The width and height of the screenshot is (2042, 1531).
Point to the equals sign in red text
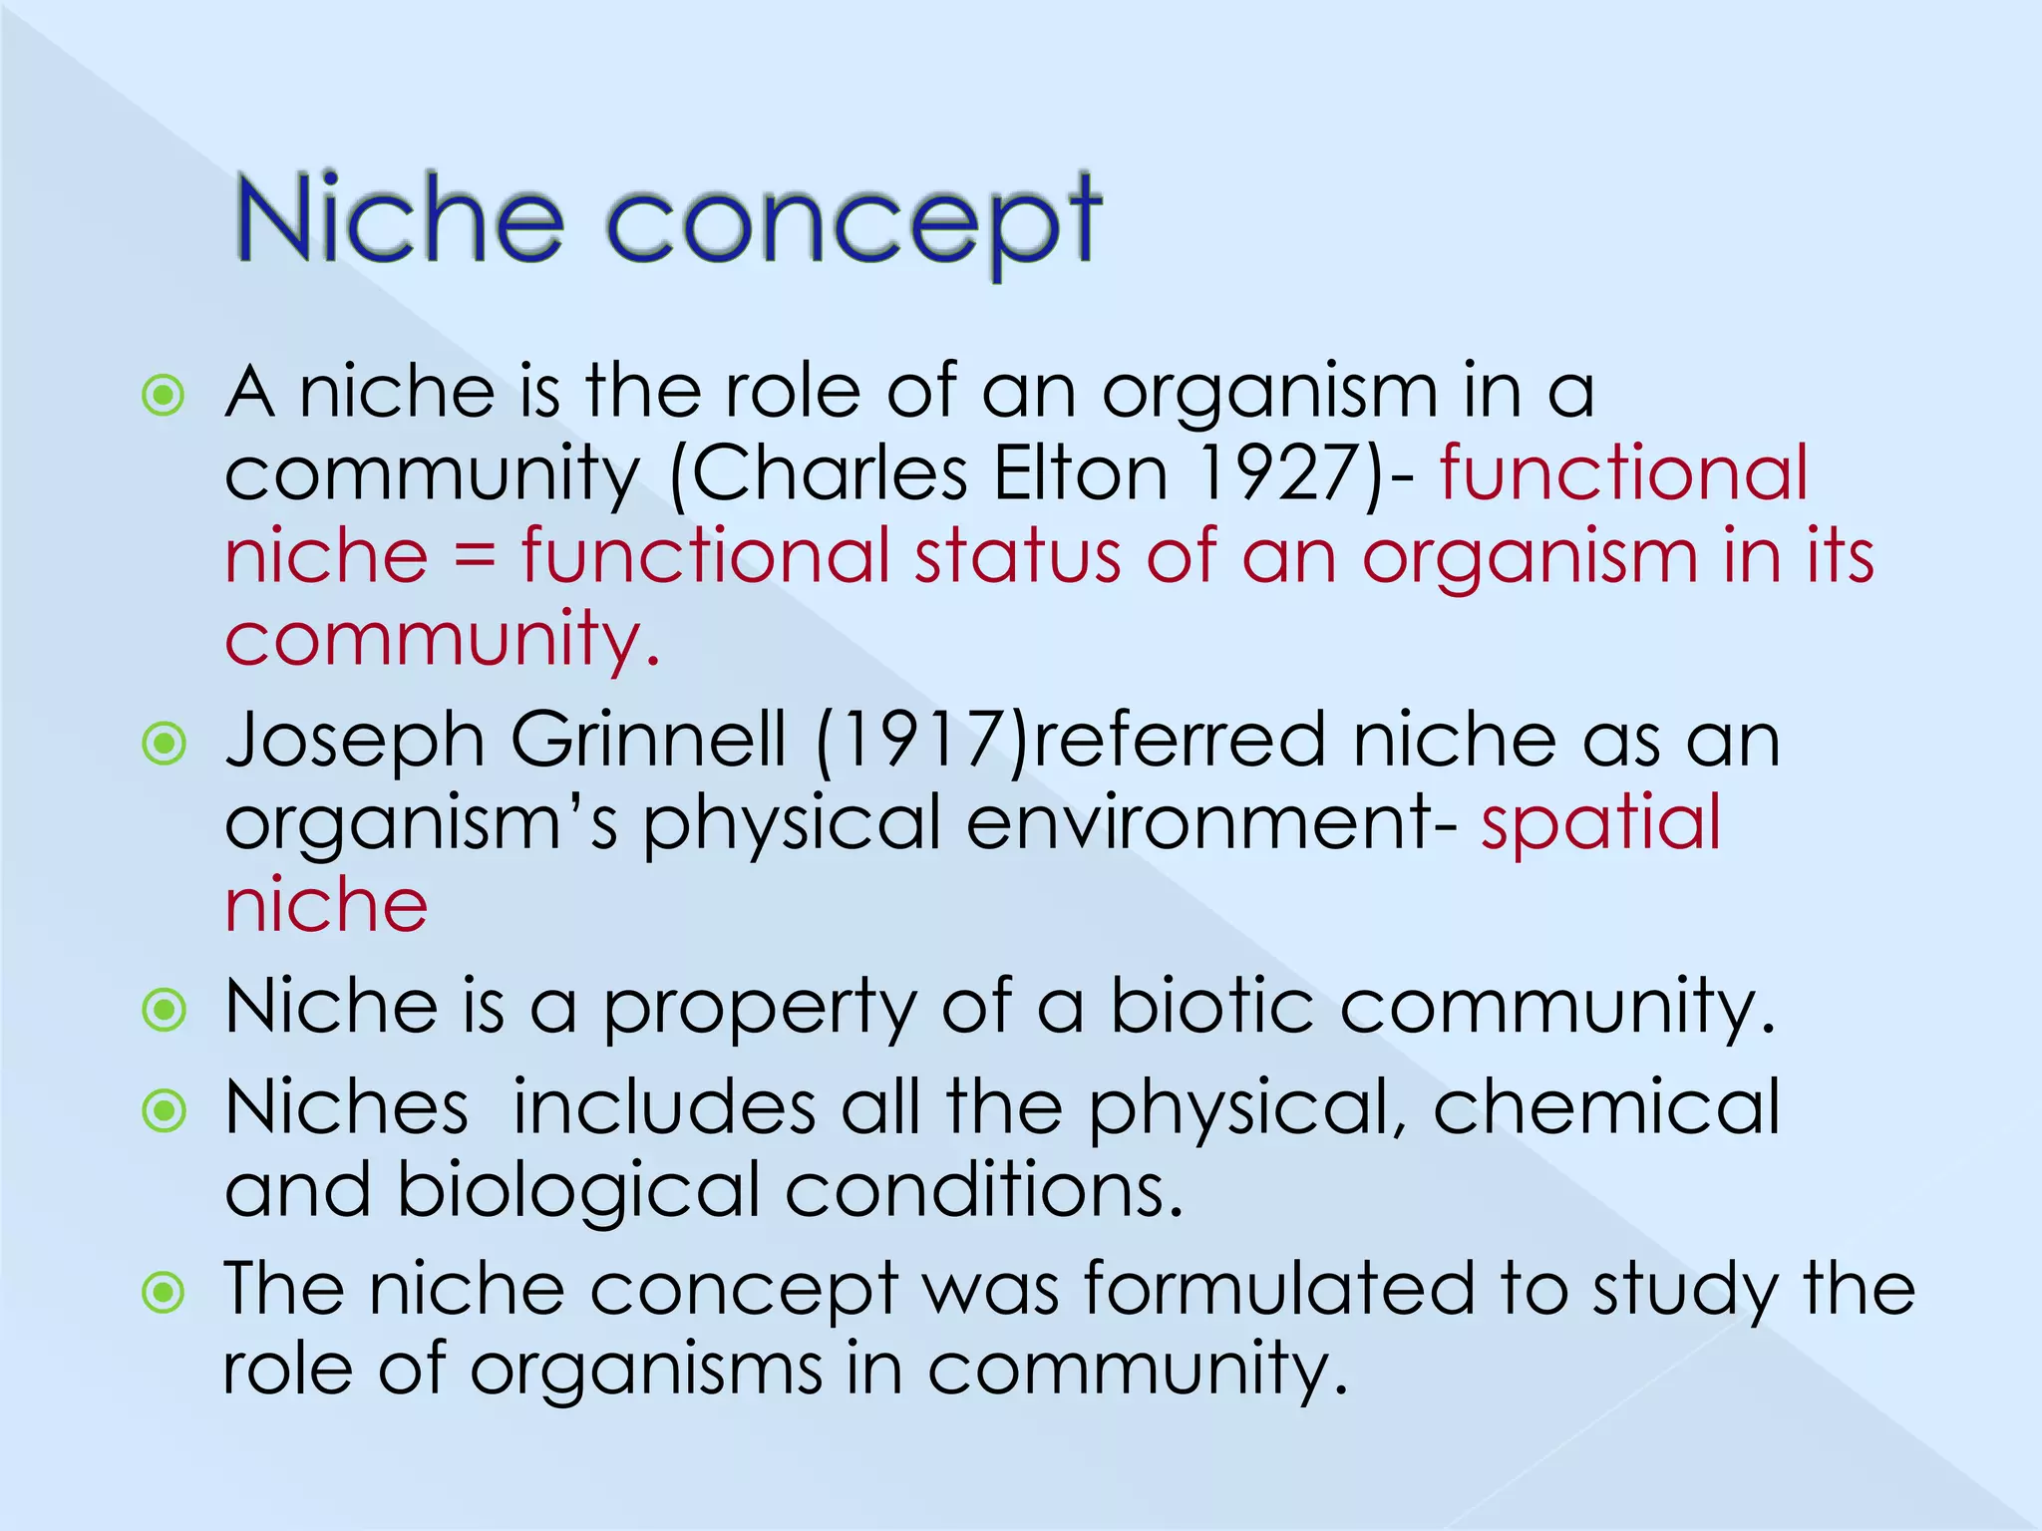pyautogui.click(x=475, y=558)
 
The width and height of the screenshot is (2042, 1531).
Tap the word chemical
pyautogui.click(x=1606, y=1107)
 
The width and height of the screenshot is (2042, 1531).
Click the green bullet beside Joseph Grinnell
pyautogui.click(x=165, y=744)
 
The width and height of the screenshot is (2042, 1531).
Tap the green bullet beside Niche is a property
pyautogui.click(x=165, y=1010)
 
